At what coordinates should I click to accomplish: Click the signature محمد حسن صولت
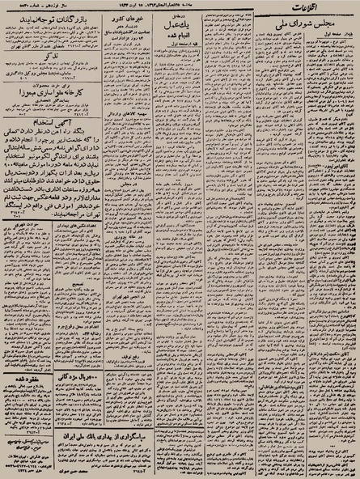[x=81, y=470]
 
